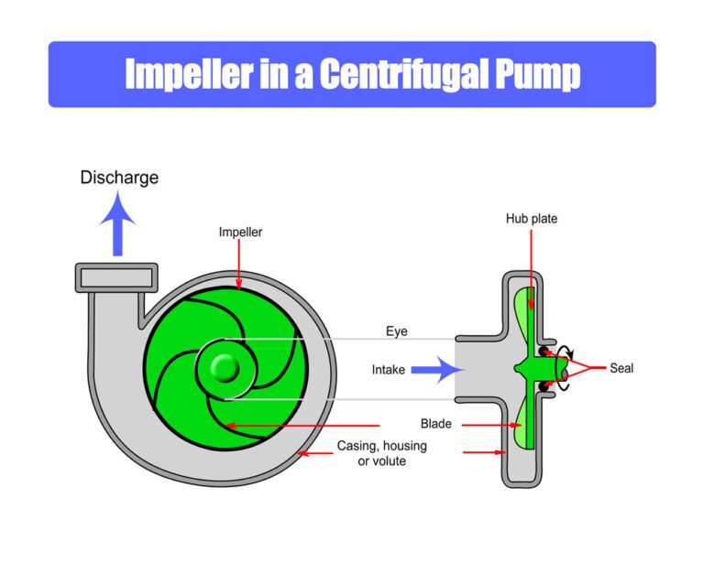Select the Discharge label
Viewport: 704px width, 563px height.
pos(119,178)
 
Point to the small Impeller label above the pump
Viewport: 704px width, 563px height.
pos(240,233)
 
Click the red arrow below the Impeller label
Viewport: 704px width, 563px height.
pos(239,265)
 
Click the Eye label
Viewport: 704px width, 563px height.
pos(396,331)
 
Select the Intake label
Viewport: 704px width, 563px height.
pos(389,371)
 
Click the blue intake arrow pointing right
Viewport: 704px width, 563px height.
pos(434,371)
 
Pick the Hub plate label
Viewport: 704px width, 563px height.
pos(531,220)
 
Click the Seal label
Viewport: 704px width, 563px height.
pos(621,369)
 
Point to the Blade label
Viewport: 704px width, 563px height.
pos(435,425)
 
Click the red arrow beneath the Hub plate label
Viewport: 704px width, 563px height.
pos(531,265)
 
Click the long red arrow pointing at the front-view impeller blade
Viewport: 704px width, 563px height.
pos(302,426)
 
